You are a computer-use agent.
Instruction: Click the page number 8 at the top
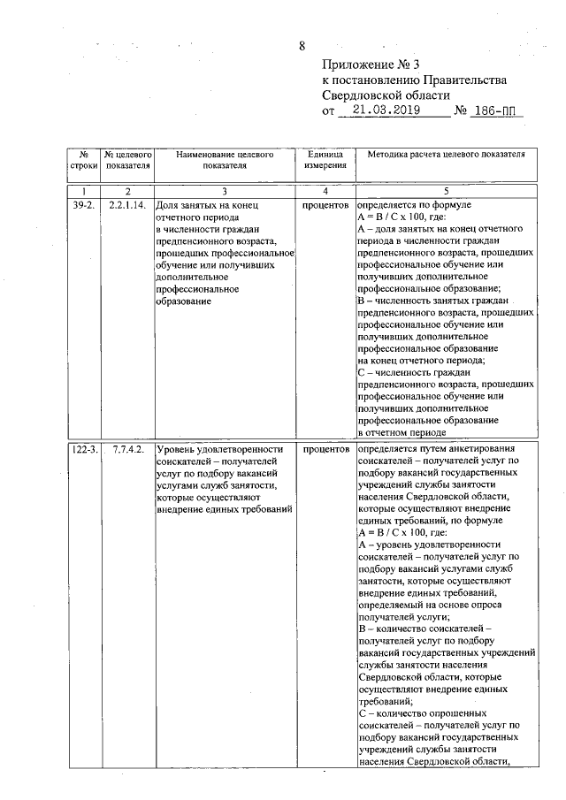tap(302, 46)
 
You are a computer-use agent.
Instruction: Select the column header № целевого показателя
tap(127, 159)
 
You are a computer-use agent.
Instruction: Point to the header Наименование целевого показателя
tap(224, 159)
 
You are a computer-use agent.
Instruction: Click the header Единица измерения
tap(325, 159)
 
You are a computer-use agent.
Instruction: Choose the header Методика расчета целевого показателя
tap(446, 154)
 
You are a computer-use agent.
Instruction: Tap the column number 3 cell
tap(224, 191)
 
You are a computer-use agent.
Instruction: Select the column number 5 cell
tap(446, 191)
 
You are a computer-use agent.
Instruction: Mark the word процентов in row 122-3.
tap(325, 449)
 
